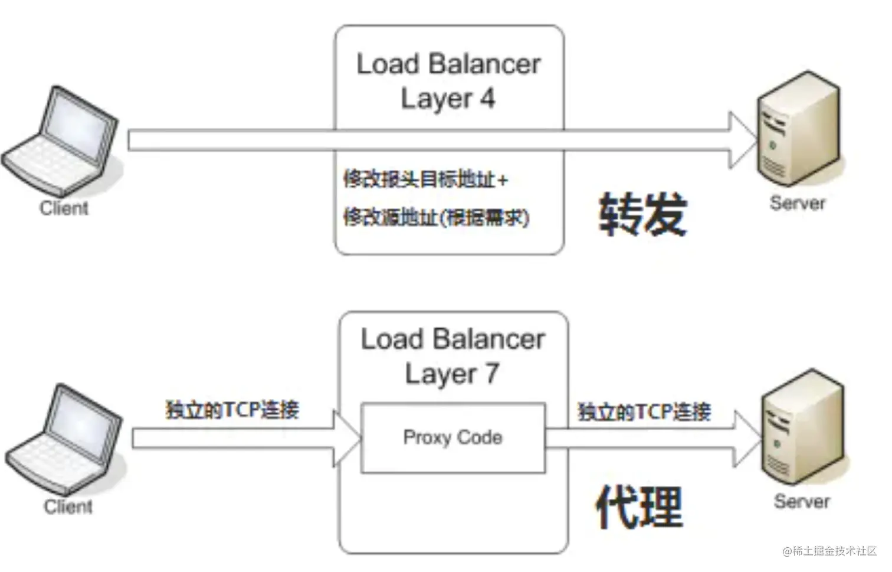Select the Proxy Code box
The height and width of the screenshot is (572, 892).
[452, 438]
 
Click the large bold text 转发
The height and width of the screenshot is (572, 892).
[643, 214]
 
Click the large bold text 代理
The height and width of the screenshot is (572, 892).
[640, 506]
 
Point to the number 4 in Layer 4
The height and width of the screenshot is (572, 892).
[487, 99]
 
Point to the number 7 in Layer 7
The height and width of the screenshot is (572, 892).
[491, 374]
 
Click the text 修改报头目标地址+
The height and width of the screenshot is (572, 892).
[425, 179]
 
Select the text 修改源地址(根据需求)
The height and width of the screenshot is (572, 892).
[436, 218]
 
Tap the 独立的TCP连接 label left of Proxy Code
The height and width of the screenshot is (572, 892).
[232, 409]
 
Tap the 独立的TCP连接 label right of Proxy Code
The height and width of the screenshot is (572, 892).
[644, 411]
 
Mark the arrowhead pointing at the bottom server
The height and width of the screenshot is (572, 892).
[747, 439]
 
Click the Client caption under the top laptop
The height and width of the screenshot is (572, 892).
[64, 208]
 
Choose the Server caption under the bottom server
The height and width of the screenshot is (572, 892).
[802, 502]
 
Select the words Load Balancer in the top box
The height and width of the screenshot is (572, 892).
[448, 64]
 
